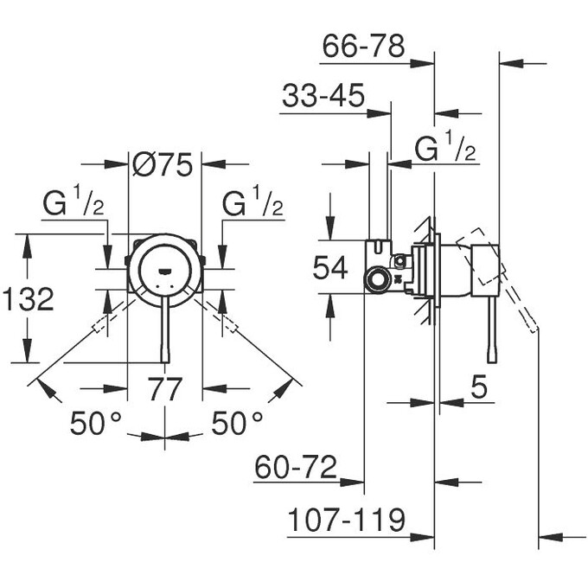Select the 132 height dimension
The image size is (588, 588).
(28, 299)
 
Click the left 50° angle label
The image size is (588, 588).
(95, 423)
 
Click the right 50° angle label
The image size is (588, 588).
(237, 423)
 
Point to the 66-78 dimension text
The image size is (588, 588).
(363, 47)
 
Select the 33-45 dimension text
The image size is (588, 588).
(323, 97)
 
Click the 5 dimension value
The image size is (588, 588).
(480, 388)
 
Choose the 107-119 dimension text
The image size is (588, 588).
(346, 520)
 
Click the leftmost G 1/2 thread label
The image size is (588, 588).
(73, 205)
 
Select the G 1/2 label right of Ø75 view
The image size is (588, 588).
(252, 205)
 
